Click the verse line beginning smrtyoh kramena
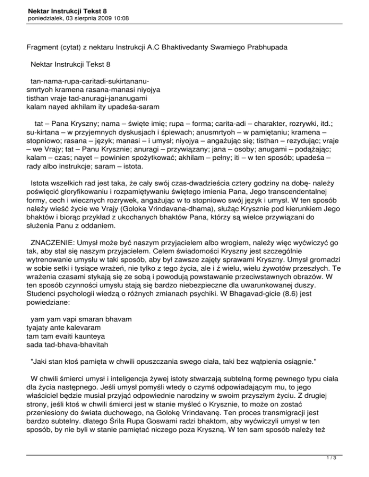click(93, 89)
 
